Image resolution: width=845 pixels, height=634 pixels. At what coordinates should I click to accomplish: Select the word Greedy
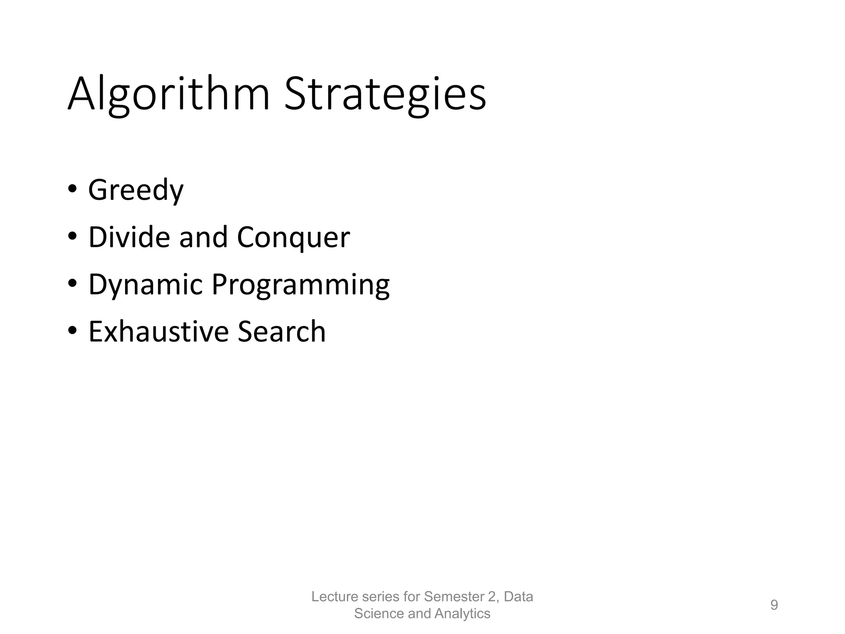[x=136, y=190]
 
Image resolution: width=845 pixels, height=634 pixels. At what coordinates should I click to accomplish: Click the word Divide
[x=129, y=237]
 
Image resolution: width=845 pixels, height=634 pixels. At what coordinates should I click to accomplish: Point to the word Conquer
[x=293, y=238]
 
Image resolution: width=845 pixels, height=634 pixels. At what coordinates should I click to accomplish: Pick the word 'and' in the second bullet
[x=203, y=237]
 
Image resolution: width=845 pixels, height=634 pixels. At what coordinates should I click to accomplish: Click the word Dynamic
[x=146, y=285]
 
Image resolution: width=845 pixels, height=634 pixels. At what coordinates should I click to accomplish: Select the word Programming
[x=300, y=285]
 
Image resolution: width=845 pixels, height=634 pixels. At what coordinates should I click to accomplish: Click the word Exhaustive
[x=158, y=331]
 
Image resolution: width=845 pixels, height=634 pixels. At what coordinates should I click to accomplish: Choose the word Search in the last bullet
[x=282, y=331]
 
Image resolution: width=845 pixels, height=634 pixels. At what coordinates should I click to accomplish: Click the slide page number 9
[x=774, y=605]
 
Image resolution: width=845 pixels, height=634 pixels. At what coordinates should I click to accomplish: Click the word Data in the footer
[x=519, y=597]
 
